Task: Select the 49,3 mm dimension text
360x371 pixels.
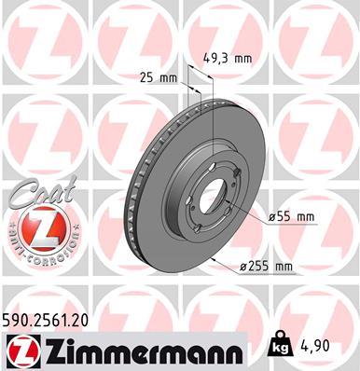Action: pyautogui.click(x=228, y=58)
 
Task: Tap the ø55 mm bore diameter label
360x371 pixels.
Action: pyautogui.click(x=292, y=216)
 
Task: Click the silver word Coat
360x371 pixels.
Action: pyautogui.click(x=35, y=193)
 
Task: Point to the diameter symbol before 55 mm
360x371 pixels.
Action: pyautogui.click(x=272, y=216)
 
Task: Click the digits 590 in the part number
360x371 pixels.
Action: pyautogui.click(x=19, y=320)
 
